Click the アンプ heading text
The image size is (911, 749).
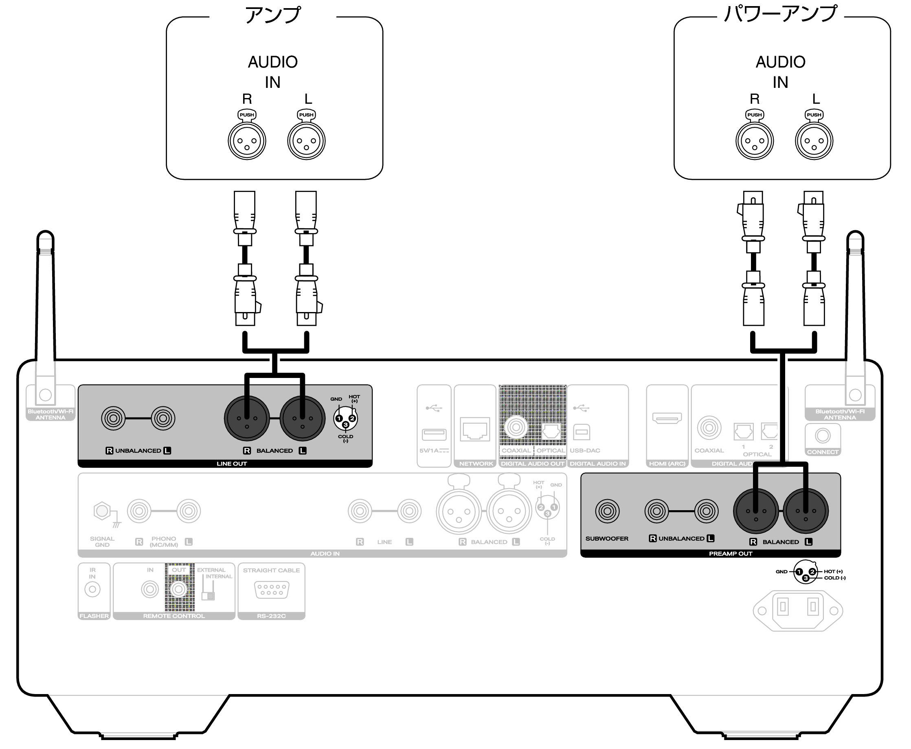[272, 15]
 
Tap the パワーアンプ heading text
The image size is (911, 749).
[780, 14]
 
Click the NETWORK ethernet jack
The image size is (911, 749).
[474, 429]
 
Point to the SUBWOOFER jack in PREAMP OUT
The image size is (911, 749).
[607, 511]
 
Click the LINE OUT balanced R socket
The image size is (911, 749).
[246, 418]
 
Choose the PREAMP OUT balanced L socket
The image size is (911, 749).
[805, 511]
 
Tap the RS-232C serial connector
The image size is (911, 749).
[272, 590]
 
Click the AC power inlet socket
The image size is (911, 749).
[797, 610]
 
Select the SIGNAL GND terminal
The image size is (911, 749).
[102, 511]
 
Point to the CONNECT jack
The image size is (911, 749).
[823, 436]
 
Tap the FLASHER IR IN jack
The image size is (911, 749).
[92, 590]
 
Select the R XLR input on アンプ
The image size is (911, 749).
[246, 141]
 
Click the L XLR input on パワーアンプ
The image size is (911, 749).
[814, 141]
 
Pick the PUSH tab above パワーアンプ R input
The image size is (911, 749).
[754, 115]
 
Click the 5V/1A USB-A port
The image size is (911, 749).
[434, 434]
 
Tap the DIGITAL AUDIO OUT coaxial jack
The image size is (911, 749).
[516, 427]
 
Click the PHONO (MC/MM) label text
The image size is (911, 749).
[164, 542]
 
